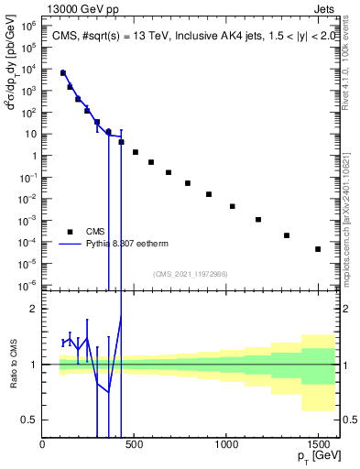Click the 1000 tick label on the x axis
click(x=226, y=445)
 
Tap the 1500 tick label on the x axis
click(x=318, y=445)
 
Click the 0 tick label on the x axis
click(x=43, y=445)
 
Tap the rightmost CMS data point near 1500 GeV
click(x=318, y=249)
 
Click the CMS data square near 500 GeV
click(x=136, y=152)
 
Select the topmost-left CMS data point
click(x=63, y=73)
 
